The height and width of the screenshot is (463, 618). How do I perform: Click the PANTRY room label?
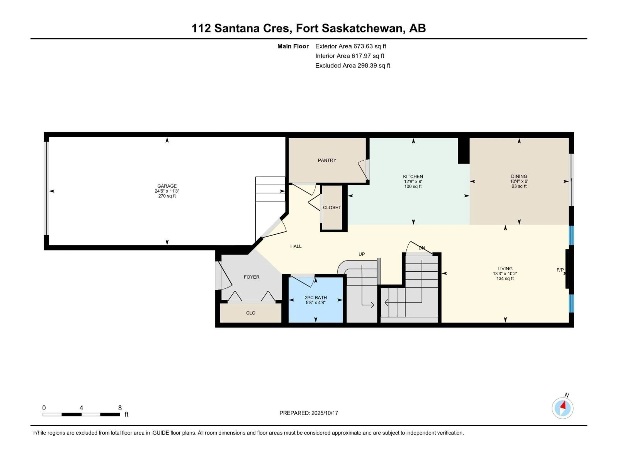327,160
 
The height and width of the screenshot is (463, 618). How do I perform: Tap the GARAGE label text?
167,186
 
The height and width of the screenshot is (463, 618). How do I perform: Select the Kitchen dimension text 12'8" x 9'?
413,181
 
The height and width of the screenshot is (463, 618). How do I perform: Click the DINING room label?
519,176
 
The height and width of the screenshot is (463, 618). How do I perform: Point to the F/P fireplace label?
560,270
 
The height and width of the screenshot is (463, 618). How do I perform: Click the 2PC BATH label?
316,298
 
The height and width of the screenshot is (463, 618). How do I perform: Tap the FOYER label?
251,277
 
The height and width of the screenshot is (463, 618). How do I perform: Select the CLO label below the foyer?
251,313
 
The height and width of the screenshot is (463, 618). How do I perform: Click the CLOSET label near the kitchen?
332,207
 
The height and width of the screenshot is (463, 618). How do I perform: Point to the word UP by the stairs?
361,254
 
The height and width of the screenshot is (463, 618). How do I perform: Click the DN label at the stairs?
422,248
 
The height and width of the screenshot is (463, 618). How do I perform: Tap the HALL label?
296,246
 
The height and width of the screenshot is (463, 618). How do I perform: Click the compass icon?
562,408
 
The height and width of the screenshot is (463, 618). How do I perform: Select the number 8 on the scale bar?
120,408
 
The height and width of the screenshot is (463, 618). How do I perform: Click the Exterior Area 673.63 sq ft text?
351,46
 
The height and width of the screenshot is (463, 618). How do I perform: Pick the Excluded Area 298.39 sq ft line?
353,66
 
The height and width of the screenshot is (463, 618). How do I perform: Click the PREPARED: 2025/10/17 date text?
309,413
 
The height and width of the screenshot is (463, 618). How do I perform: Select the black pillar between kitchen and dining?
463,151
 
